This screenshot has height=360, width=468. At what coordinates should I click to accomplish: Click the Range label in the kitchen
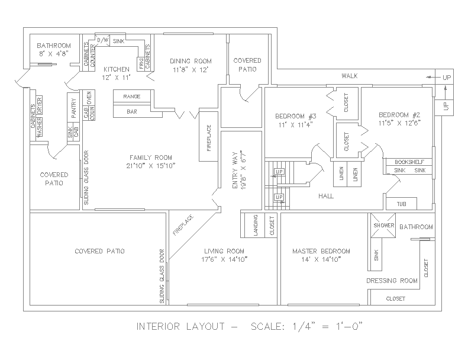tap(131, 96)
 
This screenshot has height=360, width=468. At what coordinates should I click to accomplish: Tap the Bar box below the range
tap(131, 111)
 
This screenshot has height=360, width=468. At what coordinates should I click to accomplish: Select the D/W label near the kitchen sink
tap(102, 40)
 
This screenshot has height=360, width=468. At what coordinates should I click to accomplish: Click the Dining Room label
tap(190, 61)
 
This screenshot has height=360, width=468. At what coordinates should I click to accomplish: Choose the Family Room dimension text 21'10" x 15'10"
tap(151, 165)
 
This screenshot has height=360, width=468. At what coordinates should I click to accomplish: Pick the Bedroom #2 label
tap(399, 115)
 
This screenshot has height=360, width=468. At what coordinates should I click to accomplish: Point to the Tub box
tap(401, 204)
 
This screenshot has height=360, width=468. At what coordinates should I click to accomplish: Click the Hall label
tap(326, 195)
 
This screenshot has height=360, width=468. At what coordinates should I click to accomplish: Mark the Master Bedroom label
tap(321, 250)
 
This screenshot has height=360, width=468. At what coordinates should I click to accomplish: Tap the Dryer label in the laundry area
tap(40, 104)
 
